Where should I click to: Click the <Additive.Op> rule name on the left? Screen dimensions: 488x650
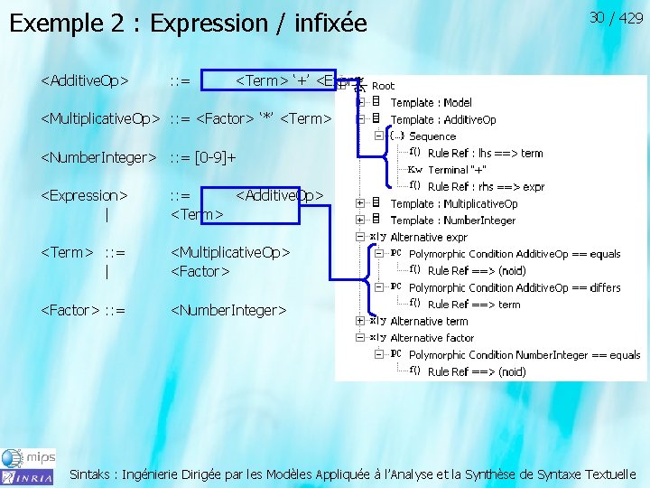coord(85,80)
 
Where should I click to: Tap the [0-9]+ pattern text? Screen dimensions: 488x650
coord(216,157)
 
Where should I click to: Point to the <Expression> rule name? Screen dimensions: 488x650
coord(85,194)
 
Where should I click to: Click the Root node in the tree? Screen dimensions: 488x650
coord(383,86)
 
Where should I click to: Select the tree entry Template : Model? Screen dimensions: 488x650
coord(431,103)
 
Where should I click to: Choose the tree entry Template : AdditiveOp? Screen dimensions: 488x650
coord(443,119)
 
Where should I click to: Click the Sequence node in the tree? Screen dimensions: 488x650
coord(432,136)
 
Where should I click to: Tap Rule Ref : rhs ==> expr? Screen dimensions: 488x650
coord(486,187)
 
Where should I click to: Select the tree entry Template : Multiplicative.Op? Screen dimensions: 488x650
coord(454,203)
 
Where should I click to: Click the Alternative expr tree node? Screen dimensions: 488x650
coord(429,237)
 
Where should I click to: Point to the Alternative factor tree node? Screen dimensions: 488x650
coord(432,338)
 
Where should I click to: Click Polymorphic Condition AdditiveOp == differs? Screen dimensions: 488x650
coord(515,287)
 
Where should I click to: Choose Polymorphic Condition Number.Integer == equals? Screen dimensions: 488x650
coord(524,355)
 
